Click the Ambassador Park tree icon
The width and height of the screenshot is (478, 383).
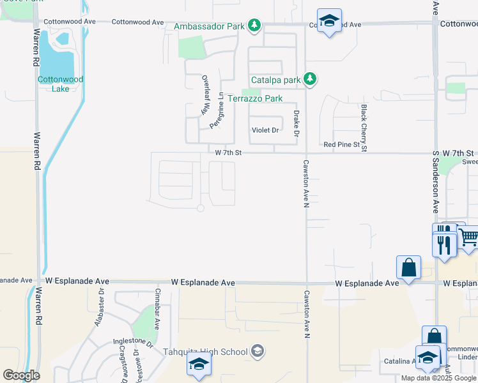tap(255, 25)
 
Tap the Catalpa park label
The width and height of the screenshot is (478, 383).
tap(275, 80)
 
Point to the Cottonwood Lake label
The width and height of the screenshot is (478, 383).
tap(52, 84)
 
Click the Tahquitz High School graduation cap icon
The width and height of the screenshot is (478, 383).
tap(257, 350)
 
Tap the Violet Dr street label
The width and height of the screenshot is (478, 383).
tap(265, 130)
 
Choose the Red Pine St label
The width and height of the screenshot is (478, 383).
tap(342, 145)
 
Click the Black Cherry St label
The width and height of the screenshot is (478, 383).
tap(364, 128)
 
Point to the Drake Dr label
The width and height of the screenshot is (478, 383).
tap(296, 123)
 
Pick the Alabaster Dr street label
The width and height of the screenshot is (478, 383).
tap(99, 308)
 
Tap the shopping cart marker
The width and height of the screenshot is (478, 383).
tap(468, 239)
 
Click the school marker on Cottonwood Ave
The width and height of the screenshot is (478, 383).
tap(329, 21)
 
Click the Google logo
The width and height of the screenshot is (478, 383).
tap(21, 375)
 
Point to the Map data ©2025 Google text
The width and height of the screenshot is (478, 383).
tap(439, 378)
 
